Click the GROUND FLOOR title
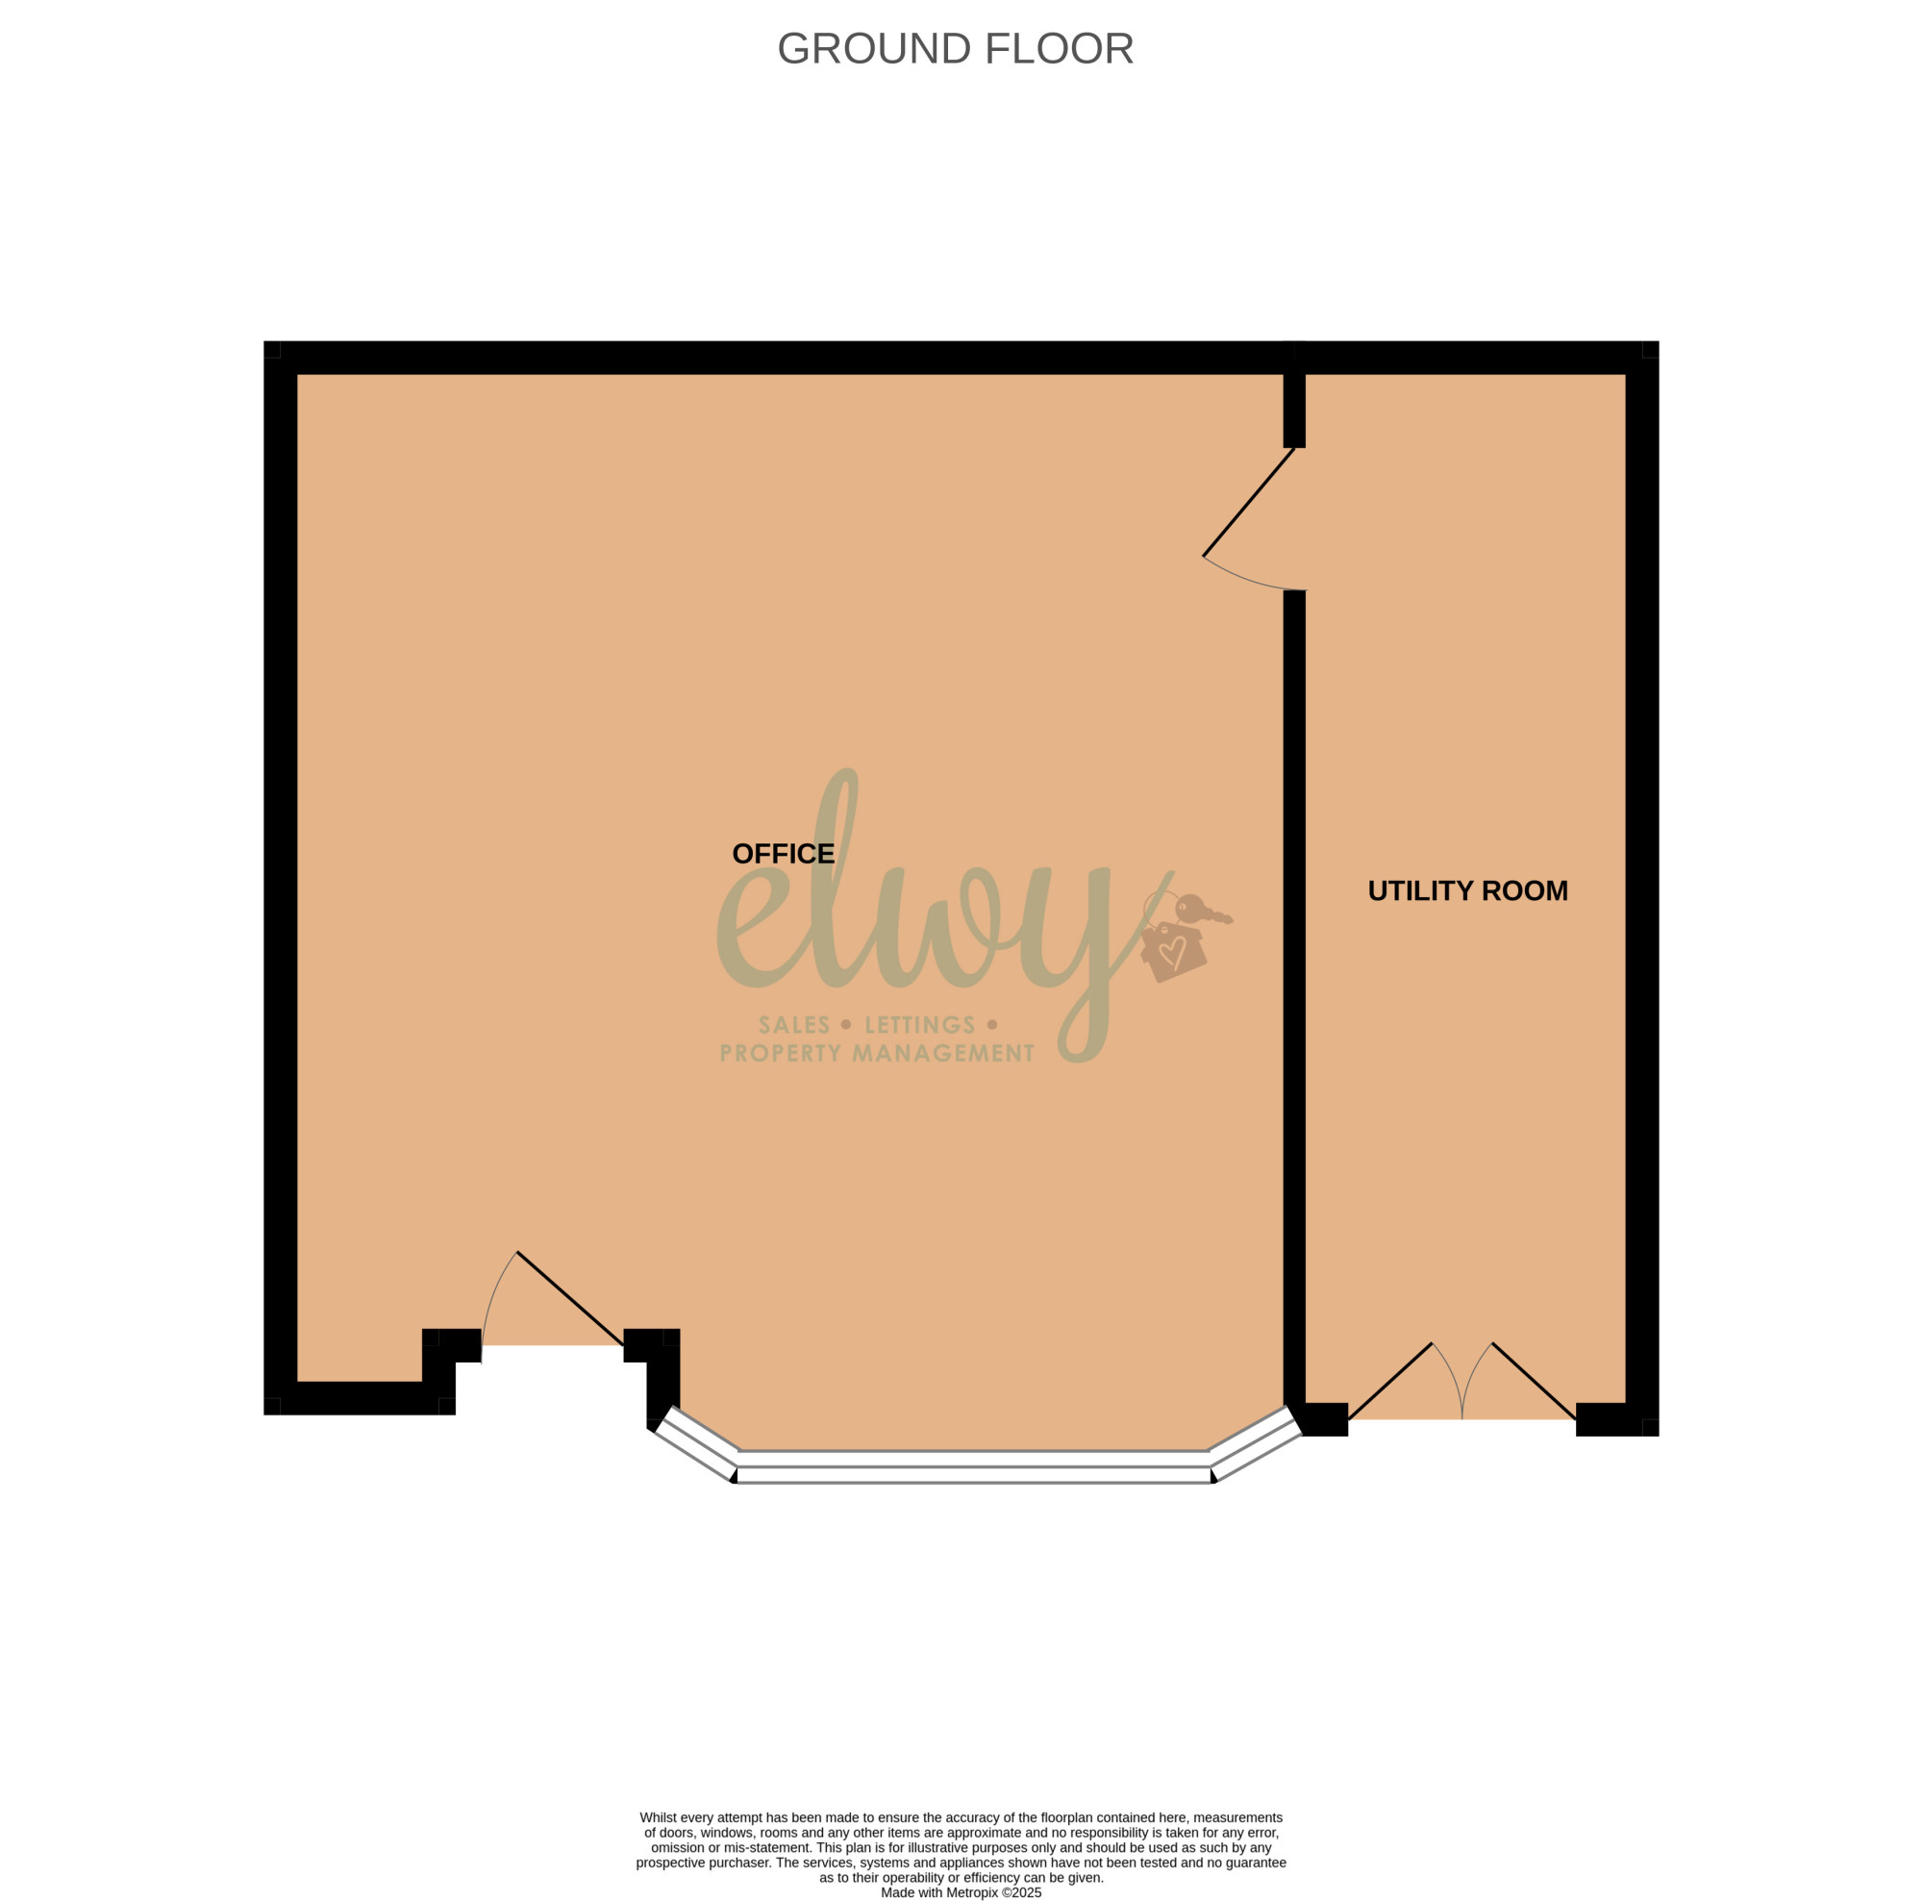coord(955,49)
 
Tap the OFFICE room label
coord(784,854)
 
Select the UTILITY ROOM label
coord(1467,890)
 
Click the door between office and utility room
coord(1248,502)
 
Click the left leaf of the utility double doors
coord(1389,1382)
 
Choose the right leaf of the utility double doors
coord(1534,1382)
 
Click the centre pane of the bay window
coord(973,1467)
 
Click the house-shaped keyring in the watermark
coord(1172,950)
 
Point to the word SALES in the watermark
coord(793,1025)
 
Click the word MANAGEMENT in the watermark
coord(943,1053)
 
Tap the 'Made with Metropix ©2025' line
coord(961,1892)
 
